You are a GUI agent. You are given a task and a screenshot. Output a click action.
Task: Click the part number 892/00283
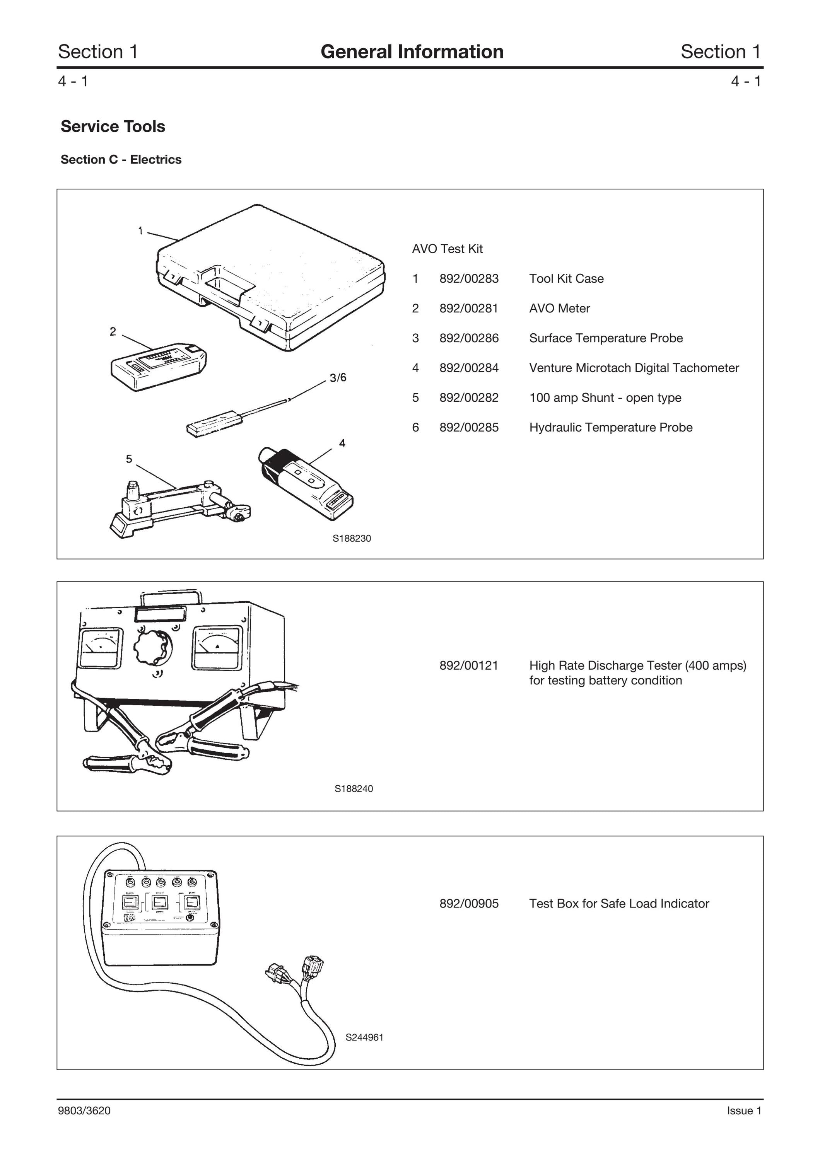coord(469,278)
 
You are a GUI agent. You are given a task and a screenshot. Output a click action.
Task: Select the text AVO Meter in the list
coord(559,308)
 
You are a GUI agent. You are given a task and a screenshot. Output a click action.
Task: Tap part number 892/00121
coord(469,665)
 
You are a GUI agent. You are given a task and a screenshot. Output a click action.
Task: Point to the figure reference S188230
coord(352,539)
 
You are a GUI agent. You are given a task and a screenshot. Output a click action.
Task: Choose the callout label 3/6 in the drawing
coord(338,378)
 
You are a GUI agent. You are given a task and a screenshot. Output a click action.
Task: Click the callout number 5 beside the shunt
coord(129,459)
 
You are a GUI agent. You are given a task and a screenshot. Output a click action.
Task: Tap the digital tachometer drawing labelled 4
coord(306,483)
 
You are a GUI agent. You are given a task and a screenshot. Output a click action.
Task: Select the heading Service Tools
coord(113,126)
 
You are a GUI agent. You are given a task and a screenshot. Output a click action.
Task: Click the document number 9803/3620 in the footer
coord(84,1111)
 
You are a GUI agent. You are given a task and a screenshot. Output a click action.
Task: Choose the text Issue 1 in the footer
coord(744,1111)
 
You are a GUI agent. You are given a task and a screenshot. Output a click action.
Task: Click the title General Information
coord(412,51)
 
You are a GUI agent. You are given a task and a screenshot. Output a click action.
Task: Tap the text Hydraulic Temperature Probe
coord(611,427)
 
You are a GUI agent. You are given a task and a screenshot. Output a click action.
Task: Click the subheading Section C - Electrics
coord(121,160)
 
